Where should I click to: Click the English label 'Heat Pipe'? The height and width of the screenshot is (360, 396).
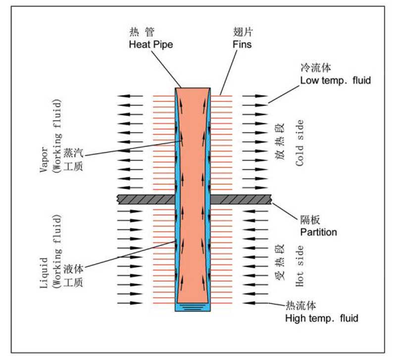pyautogui.click(x=150, y=44)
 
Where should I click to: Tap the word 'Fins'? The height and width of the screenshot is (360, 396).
pyautogui.click(x=242, y=44)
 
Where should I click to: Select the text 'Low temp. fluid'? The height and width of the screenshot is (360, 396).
pyautogui.click(x=335, y=80)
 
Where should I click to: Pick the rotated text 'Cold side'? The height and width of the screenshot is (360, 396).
pyautogui.click(x=299, y=143)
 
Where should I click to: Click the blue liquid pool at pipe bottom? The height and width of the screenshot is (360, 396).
pyautogui.click(x=194, y=307)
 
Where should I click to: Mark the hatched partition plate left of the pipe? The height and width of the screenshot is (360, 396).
pyautogui.click(x=146, y=199)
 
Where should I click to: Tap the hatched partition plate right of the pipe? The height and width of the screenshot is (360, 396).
pyautogui.click(x=241, y=199)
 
